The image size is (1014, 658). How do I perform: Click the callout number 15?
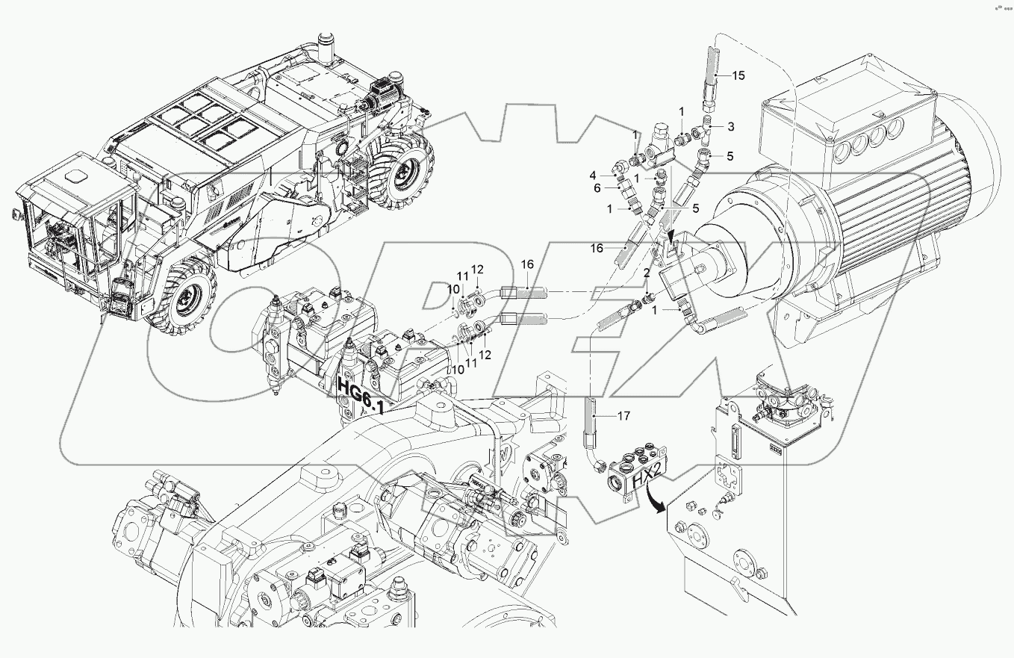tap(738, 75)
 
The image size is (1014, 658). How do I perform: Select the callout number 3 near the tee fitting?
tap(731, 127)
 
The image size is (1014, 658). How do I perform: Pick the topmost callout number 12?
tap(477, 269)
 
